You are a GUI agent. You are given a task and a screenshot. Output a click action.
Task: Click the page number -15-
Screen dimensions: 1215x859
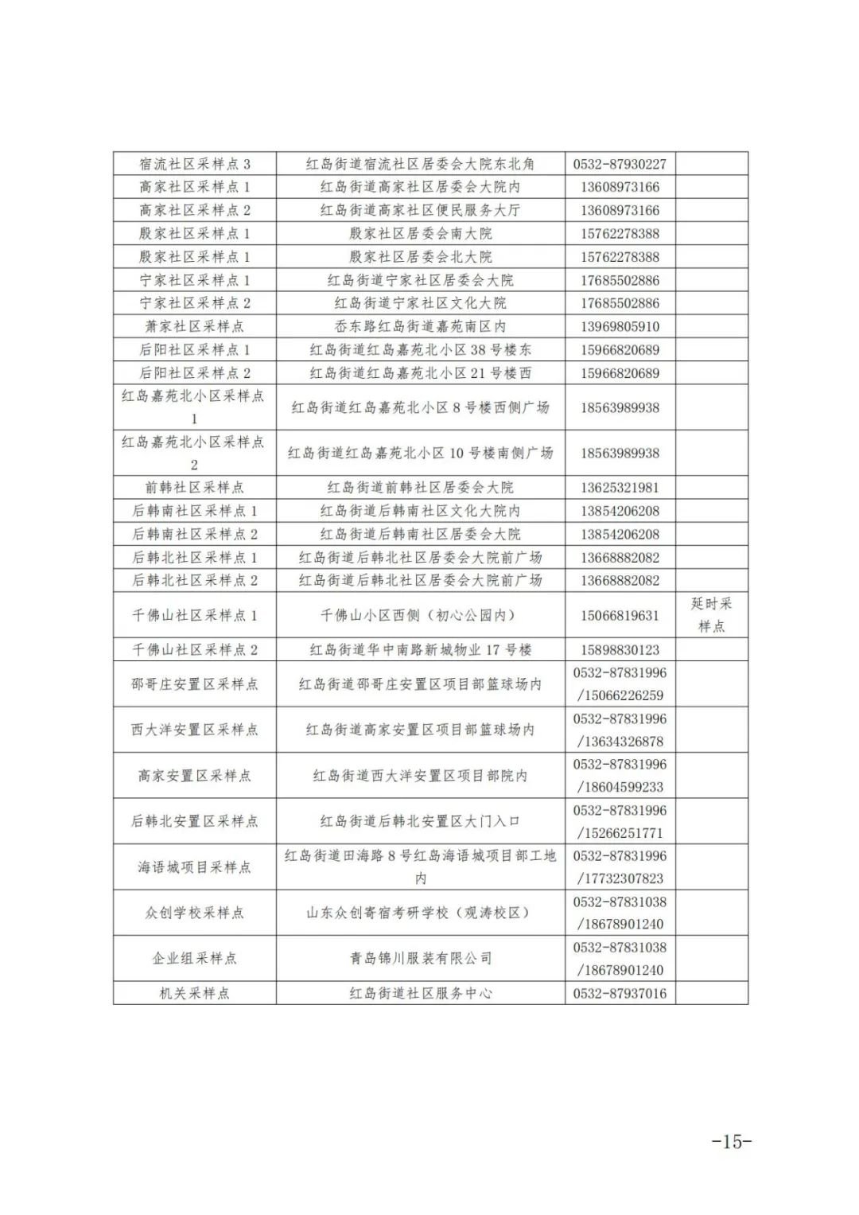[x=731, y=1141]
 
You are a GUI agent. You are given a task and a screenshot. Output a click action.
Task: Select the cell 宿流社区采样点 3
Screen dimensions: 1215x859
[x=195, y=164]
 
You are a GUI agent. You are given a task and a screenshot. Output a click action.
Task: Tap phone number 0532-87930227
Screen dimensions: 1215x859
[x=620, y=164]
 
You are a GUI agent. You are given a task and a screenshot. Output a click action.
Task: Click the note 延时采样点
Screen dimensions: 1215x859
[x=711, y=614]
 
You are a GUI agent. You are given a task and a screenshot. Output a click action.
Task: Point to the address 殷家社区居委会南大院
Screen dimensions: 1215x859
[x=420, y=233]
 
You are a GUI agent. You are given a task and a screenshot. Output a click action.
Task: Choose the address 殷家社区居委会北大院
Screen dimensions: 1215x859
[x=420, y=256]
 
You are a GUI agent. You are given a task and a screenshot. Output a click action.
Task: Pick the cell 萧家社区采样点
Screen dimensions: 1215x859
[x=195, y=326]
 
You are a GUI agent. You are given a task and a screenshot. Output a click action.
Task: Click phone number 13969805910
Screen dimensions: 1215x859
[x=620, y=326]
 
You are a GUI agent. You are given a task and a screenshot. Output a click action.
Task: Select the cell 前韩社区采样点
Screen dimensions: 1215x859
[x=195, y=487]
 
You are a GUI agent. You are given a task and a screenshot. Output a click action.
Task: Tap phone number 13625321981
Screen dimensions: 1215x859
[x=620, y=487]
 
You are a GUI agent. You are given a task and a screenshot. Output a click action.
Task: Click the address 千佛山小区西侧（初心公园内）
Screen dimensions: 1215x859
[x=420, y=615]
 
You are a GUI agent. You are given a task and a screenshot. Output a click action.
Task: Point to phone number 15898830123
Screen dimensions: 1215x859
[x=620, y=649]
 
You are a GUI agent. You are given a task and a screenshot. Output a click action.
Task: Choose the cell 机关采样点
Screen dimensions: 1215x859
[x=195, y=993]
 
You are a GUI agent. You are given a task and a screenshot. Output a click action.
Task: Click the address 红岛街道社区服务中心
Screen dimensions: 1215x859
[x=420, y=993]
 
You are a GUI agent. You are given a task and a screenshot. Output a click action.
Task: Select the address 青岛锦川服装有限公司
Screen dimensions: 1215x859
[x=420, y=958]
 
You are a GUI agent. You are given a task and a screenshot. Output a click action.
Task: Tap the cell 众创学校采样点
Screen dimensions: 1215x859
[x=195, y=913]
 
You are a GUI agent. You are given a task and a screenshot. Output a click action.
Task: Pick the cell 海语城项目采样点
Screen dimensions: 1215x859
[x=195, y=866]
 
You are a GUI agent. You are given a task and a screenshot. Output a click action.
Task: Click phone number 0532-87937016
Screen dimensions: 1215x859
[x=620, y=993]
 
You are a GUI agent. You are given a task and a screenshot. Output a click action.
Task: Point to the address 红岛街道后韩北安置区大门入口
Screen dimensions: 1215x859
[x=420, y=821]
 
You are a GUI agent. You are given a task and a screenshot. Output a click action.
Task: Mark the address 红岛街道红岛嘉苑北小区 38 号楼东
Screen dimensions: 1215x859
[x=420, y=349]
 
